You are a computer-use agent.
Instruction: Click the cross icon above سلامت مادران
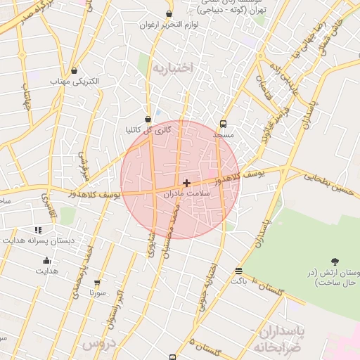tap(186, 183)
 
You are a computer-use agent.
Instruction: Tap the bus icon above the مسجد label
tap(224, 122)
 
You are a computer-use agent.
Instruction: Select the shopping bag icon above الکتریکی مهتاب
tap(75, 70)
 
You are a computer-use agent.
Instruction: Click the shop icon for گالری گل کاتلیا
tap(147, 120)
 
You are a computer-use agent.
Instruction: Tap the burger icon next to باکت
tap(239, 271)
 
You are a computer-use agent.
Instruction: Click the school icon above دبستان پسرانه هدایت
tap(38, 230)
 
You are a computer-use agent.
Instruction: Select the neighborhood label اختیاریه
tap(172, 68)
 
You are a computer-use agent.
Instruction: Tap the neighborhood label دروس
tap(98, 344)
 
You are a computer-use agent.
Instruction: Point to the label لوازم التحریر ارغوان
tap(169, 25)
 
